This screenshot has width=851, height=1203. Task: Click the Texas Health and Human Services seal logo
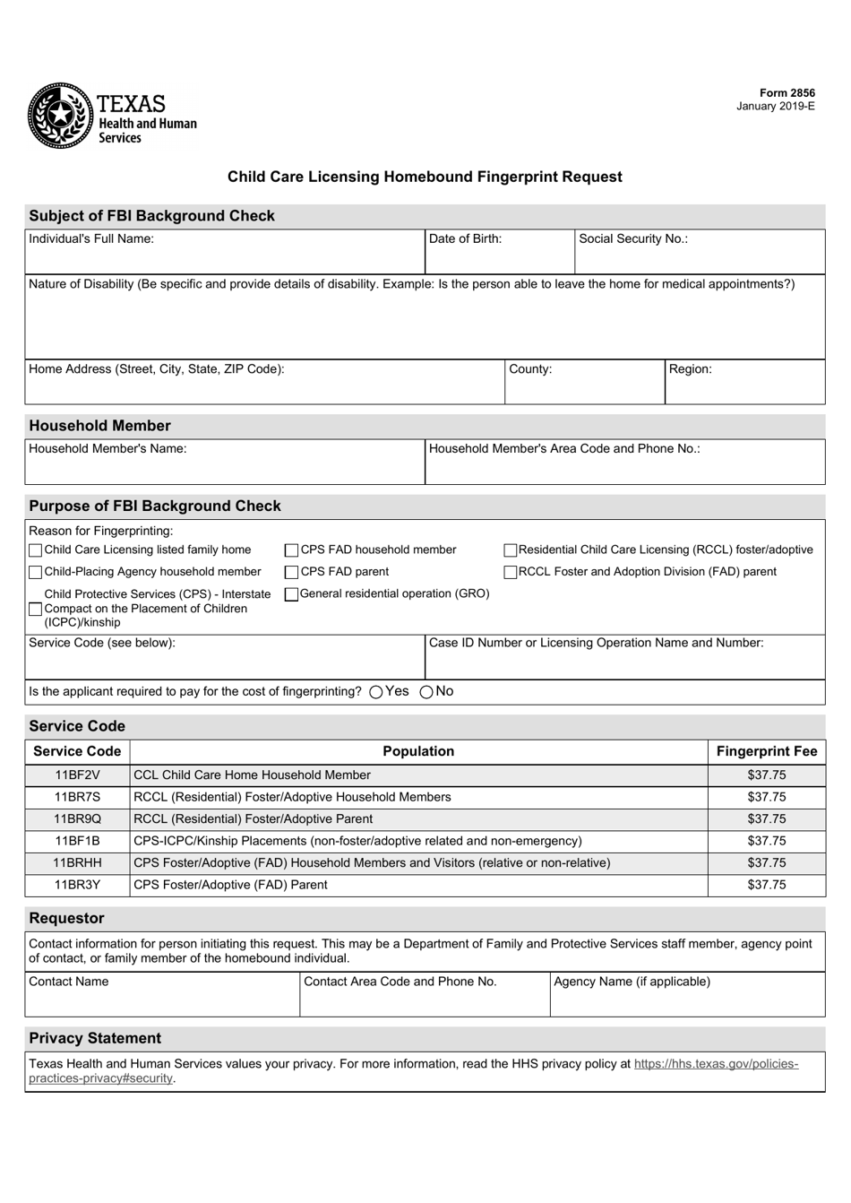60,116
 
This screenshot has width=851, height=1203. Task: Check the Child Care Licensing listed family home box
36,550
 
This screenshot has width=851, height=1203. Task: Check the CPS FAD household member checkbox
292,550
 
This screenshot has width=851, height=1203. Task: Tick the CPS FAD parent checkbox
292,572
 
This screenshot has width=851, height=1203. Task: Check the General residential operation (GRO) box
291,594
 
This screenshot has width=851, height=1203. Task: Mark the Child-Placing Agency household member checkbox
36,572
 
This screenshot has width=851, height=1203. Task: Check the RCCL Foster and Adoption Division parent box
511,572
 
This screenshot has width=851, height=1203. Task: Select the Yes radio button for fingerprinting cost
375,692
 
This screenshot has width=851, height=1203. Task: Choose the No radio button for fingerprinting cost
426,692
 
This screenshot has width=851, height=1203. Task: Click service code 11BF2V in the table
77,775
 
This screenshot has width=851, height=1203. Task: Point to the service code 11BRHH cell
77,863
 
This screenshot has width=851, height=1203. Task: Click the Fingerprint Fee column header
767,752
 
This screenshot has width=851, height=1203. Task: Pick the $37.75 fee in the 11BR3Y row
767,886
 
